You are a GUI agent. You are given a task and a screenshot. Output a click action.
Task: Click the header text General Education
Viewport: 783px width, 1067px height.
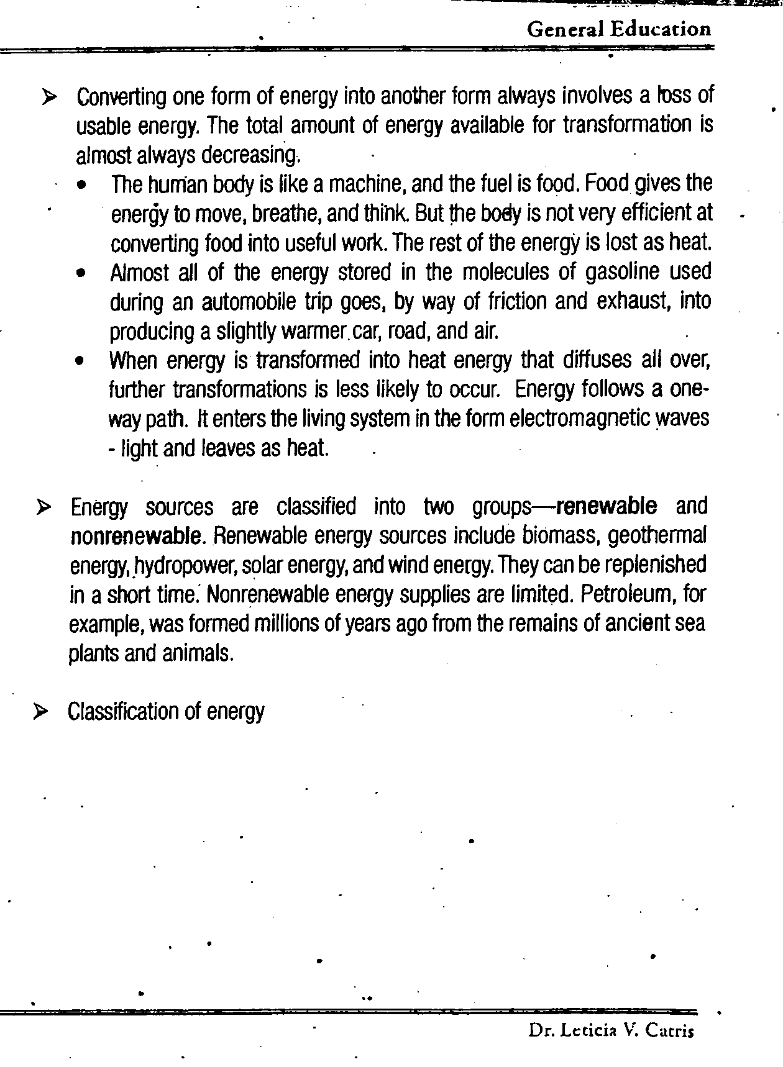coord(618,29)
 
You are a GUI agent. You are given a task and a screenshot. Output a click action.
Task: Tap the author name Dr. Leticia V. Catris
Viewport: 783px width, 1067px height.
coord(611,1030)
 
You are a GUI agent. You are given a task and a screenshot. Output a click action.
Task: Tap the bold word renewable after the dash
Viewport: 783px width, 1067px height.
coord(607,506)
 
